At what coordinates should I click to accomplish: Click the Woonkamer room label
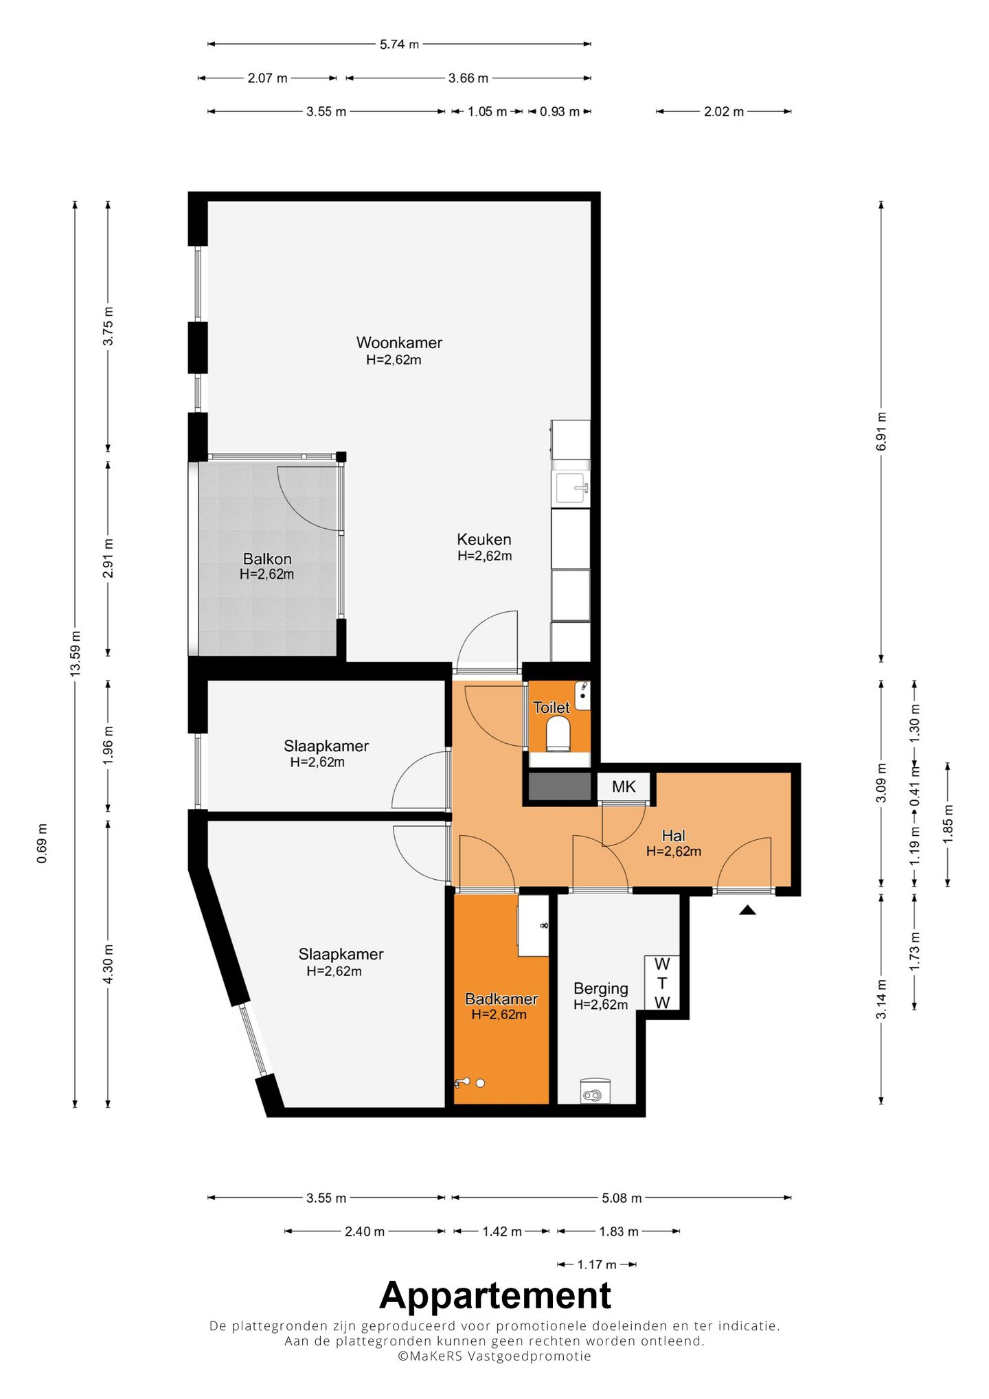(399, 342)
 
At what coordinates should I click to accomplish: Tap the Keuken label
(484, 539)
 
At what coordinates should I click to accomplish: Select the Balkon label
(267, 559)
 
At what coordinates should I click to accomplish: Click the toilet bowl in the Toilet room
(558, 733)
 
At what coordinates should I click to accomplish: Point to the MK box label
(624, 786)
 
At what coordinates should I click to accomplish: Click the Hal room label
(673, 835)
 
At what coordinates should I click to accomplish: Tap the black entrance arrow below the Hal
(747, 910)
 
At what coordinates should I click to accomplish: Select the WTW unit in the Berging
(661, 983)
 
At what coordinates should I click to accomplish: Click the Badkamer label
(501, 999)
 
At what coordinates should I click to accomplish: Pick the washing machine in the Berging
(595, 1091)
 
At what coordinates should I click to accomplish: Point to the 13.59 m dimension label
(76, 653)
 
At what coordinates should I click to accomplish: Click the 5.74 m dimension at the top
(399, 44)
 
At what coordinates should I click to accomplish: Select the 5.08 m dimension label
(622, 1198)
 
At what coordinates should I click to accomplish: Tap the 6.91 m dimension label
(881, 431)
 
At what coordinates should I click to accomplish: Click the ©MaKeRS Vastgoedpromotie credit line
(494, 1356)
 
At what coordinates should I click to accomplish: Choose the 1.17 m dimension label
(597, 1264)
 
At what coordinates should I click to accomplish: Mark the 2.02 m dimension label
(724, 111)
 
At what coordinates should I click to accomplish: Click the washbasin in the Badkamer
(533, 925)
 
